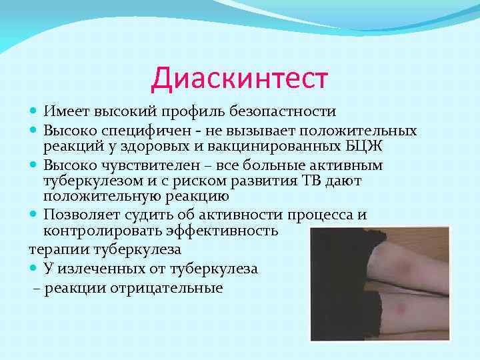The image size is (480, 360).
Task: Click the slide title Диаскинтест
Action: tap(239, 78)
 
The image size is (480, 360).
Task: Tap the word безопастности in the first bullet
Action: tap(288, 111)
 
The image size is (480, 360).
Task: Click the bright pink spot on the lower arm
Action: tap(402, 309)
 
